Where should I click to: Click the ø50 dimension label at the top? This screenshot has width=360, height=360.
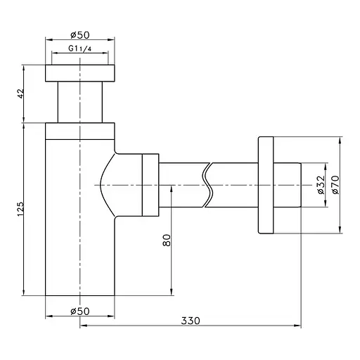click(x=80, y=35)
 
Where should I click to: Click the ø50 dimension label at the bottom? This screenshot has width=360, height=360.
click(x=80, y=311)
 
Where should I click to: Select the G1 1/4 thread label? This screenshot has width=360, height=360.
click(x=79, y=49)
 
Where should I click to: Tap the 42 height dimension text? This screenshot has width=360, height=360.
click(x=21, y=94)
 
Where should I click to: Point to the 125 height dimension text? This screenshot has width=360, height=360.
click(x=20, y=209)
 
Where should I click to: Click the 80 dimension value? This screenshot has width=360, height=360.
click(x=167, y=240)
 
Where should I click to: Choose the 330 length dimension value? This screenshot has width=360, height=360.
click(x=191, y=321)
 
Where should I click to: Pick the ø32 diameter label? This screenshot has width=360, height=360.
click(x=321, y=185)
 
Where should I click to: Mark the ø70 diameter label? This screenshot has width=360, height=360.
click(x=335, y=185)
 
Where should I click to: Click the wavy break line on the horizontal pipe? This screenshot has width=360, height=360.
click(x=207, y=185)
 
